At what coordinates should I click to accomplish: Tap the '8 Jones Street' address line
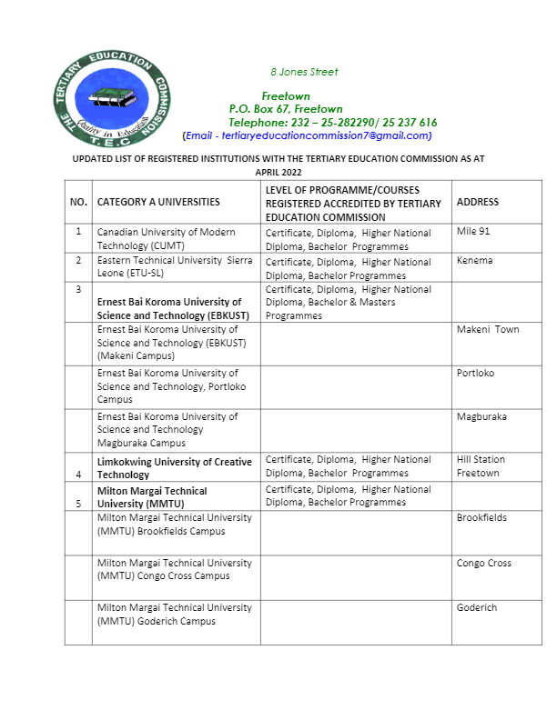(304, 72)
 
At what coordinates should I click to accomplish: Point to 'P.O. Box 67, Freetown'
(286, 109)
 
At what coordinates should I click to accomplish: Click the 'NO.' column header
(78, 202)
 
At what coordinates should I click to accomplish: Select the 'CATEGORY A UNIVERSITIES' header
(158, 202)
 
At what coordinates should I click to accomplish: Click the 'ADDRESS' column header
(478, 202)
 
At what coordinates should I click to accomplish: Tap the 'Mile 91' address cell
(473, 232)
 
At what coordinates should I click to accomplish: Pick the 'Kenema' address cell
(474, 261)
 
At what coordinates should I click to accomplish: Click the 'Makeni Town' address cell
(488, 329)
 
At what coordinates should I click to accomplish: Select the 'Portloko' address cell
(476, 373)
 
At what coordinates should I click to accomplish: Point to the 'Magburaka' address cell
(481, 416)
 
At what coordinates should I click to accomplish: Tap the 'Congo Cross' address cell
(484, 563)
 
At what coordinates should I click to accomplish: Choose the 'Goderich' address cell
(477, 608)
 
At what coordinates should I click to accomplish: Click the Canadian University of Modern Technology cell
(166, 239)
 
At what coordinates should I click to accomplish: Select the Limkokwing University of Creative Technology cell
(174, 468)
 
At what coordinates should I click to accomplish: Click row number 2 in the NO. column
(78, 261)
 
